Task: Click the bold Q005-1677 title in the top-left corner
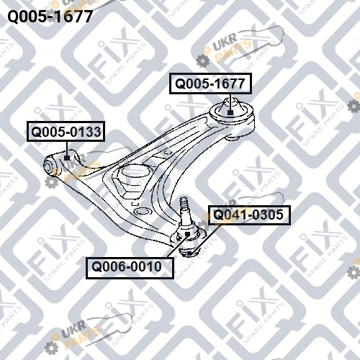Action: coord(50,17)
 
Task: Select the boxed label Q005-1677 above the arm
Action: coord(210,84)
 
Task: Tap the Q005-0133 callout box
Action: coord(66,132)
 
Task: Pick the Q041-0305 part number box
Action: coord(249,215)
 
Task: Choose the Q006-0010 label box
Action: coord(130,268)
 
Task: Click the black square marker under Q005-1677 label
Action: coord(230,112)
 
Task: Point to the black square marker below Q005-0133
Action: coord(67,158)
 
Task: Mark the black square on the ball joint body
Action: coord(187,234)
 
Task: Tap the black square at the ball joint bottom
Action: coord(189,253)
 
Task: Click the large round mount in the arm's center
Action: coord(135,174)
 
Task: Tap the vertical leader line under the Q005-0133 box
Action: coord(67,148)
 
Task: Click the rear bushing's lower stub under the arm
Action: coord(233,138)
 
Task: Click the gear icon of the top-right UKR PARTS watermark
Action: coord(202,60)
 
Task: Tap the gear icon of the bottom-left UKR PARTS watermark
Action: coord(51,348)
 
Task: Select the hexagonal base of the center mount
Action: coord(131,189)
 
